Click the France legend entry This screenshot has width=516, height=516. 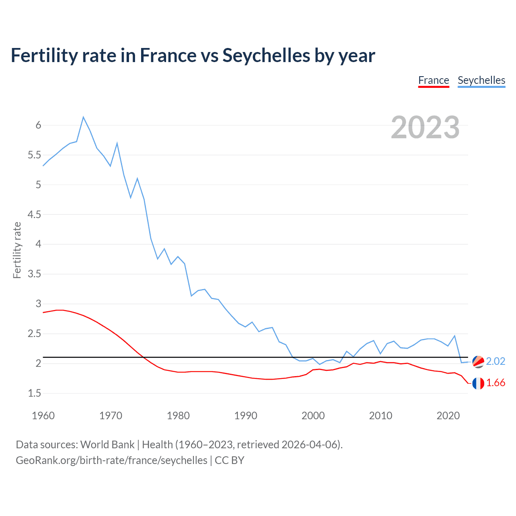click(433, 80)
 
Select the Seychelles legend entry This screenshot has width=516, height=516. click(481, 80)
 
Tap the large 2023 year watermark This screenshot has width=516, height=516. click(425, 127)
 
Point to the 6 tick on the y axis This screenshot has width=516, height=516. click(38, 125)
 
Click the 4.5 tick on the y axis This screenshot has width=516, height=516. click(34, 214)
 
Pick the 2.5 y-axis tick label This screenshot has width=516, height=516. click(34, 334)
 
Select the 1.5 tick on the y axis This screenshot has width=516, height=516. click(34, 393)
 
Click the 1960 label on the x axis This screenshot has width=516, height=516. click(43, 416)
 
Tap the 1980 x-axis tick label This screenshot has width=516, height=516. click(178, 416)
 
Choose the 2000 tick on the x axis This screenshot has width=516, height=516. click(313, 416)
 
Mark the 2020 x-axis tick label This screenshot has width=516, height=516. click(448, 416)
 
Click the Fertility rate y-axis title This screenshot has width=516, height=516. click(17, 250)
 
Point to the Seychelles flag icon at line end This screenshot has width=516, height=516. click(478, 362)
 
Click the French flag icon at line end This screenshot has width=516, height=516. click(478, 383)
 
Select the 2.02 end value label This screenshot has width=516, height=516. click(495, 361)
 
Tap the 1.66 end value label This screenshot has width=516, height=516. click(495, 383)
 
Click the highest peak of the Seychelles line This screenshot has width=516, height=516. click(83, 117)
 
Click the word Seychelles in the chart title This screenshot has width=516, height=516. click(266, 55)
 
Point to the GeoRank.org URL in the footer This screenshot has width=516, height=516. click(111, 460)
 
